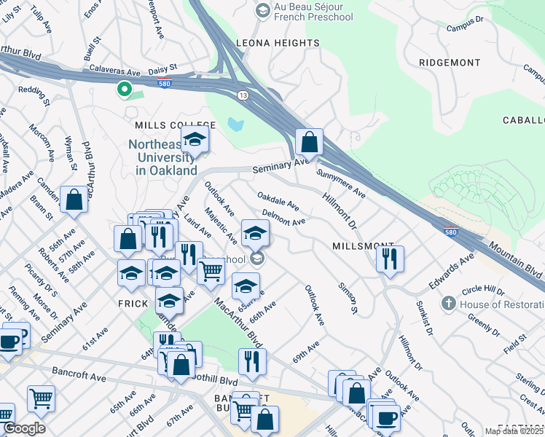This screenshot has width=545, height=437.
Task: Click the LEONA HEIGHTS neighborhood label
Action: click(277, 44)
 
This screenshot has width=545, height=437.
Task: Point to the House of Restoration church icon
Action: click(449, 302)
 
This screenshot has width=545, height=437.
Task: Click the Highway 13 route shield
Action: click(242, 95)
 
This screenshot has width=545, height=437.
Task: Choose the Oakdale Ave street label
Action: click(278, 200)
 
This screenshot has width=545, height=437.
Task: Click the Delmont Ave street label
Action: click(283, 217)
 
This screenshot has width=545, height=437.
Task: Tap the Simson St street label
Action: click(348, 299)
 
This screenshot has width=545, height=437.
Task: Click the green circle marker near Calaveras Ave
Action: click(124, 90)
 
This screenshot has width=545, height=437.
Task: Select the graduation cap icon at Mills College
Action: click(195, 138)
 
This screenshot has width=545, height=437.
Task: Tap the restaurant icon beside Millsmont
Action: click(391, 258)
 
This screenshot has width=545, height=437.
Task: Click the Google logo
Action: click(24, 428)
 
